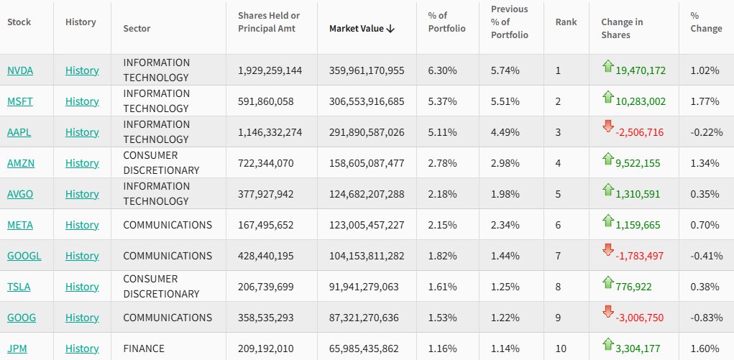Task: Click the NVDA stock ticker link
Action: tap(20, 70)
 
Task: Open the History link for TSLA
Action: tap(82, 287)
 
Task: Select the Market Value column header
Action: tap(357, 29)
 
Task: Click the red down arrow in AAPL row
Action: tap(608, 127)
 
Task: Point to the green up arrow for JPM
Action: tap(608, 343)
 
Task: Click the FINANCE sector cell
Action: tap(144, 349)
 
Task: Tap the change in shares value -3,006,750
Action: tap(641, 318)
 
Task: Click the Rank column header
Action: tap(566, 22)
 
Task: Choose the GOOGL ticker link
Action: tap(23, 256)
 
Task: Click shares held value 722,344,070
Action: tap(265, 163)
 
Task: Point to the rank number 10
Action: tap(561, 349)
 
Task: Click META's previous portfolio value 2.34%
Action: tap(505, 225)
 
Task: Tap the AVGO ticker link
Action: tap(20, 194)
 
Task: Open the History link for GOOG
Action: tap(82, 318)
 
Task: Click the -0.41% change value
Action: tap(706, 256)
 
